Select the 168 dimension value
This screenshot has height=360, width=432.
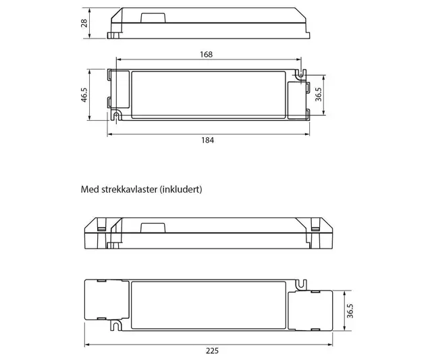207,54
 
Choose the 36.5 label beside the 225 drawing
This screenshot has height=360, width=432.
350,311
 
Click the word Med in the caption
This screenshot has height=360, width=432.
89,190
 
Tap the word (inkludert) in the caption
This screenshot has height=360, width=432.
180,190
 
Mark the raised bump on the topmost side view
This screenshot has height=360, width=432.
150,14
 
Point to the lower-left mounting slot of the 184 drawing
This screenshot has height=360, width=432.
118,117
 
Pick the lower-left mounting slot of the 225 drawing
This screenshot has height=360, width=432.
118,326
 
